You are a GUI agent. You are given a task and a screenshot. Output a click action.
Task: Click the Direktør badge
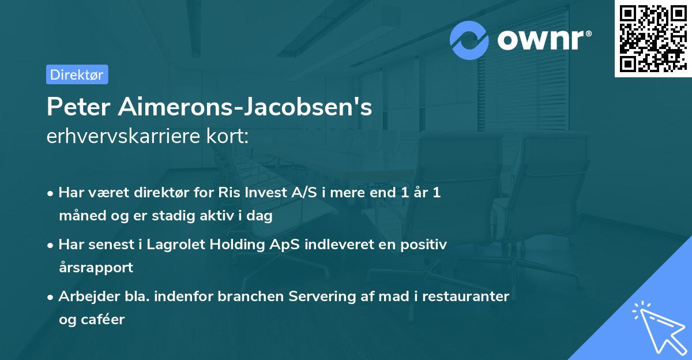(x=77, y=74)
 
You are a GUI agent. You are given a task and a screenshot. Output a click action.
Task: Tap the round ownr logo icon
(x=469, y=40)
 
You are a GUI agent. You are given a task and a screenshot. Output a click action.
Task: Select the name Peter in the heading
(x=78, y=107)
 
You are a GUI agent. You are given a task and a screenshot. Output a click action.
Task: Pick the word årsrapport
(x=96, y=267)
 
